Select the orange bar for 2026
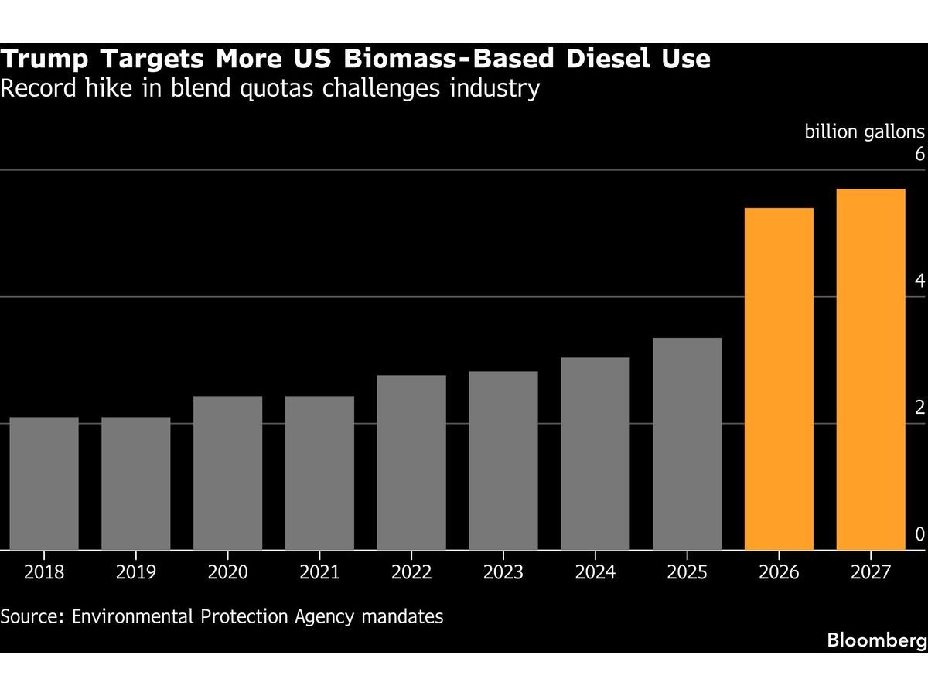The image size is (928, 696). click(779, 379)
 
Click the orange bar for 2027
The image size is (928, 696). click(871, 370)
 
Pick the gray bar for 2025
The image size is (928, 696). click(687, 444)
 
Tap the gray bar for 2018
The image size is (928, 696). click(44, 483)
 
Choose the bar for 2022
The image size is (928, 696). click(411, 462)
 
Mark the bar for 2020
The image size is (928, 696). click(228, 473)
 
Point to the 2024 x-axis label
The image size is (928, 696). click(595, 572)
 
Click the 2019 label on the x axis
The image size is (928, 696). click(136, 572)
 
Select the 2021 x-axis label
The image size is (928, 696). click(319, 572)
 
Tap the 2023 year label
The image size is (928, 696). click(503, 572)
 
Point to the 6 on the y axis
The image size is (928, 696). click(919, 154)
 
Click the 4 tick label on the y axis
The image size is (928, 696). click(919, 281)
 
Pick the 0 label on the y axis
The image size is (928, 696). click(919, 534)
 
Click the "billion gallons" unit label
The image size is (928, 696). click(865, 132)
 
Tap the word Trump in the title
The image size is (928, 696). click(44, 60)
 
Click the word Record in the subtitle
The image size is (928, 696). click(38, 88)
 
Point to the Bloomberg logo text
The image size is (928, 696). click(877, 640)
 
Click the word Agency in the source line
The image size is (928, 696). click(324, 618)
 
